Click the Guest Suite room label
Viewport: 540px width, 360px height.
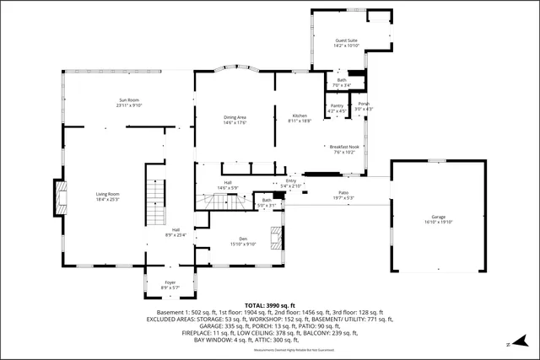(x=346, y=42)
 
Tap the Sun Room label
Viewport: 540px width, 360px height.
(x=128, y=101)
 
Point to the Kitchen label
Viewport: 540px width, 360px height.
(x=300, y=116)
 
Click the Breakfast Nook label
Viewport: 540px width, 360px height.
(x=345, y=147)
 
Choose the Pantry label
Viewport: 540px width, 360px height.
(x=337, y=106)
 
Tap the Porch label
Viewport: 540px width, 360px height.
(x=364, y=105)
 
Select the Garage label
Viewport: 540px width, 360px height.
(x=439, y=218)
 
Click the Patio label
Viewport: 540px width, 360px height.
(x=344, y=194)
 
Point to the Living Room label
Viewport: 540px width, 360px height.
(x=107, y=195)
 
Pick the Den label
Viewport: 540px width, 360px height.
(x=243, y=239)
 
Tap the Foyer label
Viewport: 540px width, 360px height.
(x=170, y=283)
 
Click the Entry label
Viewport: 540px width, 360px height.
(x=291, y=181)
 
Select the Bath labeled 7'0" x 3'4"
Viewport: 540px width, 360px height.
(x=342, y=81)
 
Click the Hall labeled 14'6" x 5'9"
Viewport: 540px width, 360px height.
(x=228, y=183)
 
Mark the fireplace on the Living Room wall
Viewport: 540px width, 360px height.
(x=58, y=196)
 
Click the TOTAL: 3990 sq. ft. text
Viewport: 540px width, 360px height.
(x=270, y=304)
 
